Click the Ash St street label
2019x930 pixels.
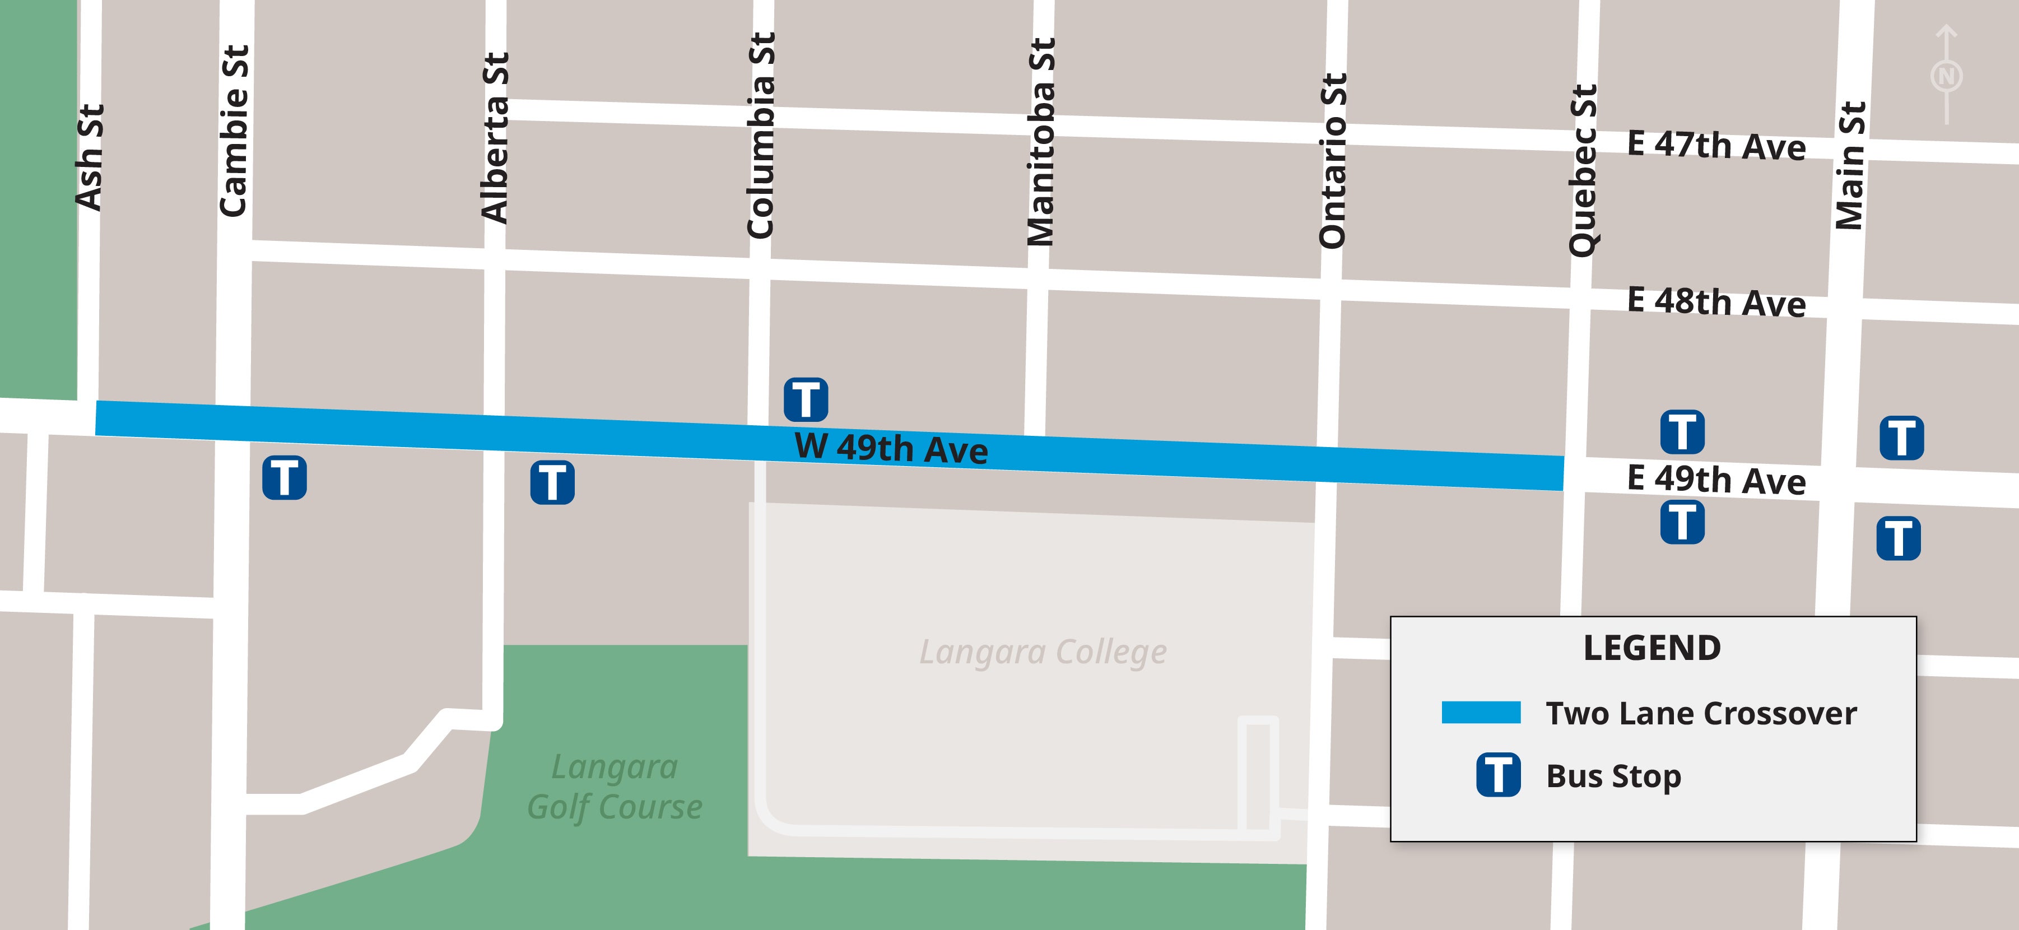coord(89,157)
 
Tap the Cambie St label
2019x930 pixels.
coord(234,131)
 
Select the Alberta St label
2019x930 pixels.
coord(495,138)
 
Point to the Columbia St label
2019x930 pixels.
coord(760,136)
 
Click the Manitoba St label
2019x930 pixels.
coord(1041,142)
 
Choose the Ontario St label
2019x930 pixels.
coord(1332,161)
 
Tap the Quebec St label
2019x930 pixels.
coord(1583,170)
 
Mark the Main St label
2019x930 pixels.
coord(1851,165)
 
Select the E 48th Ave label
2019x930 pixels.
coord(1716,303)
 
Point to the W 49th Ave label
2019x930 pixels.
coord(891,448)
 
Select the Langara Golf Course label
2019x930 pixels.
coord(615,787)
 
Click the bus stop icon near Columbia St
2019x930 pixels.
coord(806,399)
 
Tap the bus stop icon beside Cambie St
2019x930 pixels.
coord(285,477)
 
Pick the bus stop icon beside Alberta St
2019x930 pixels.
coord(552,482)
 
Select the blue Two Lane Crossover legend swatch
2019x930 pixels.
coord(1481,712)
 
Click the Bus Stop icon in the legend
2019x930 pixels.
coord(1499,775)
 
